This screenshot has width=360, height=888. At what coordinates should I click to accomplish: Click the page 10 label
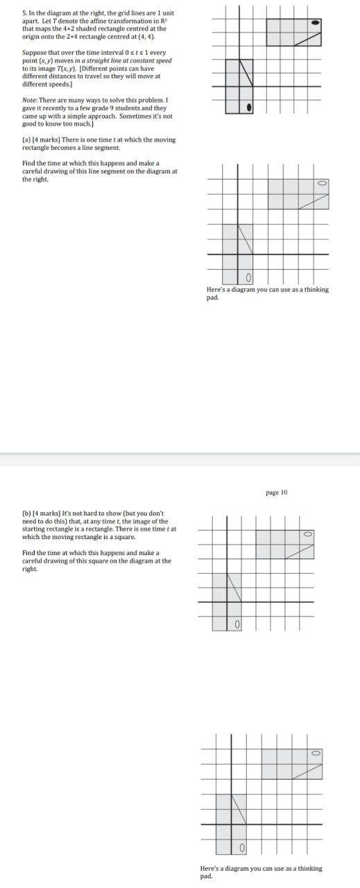pos(276,492)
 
